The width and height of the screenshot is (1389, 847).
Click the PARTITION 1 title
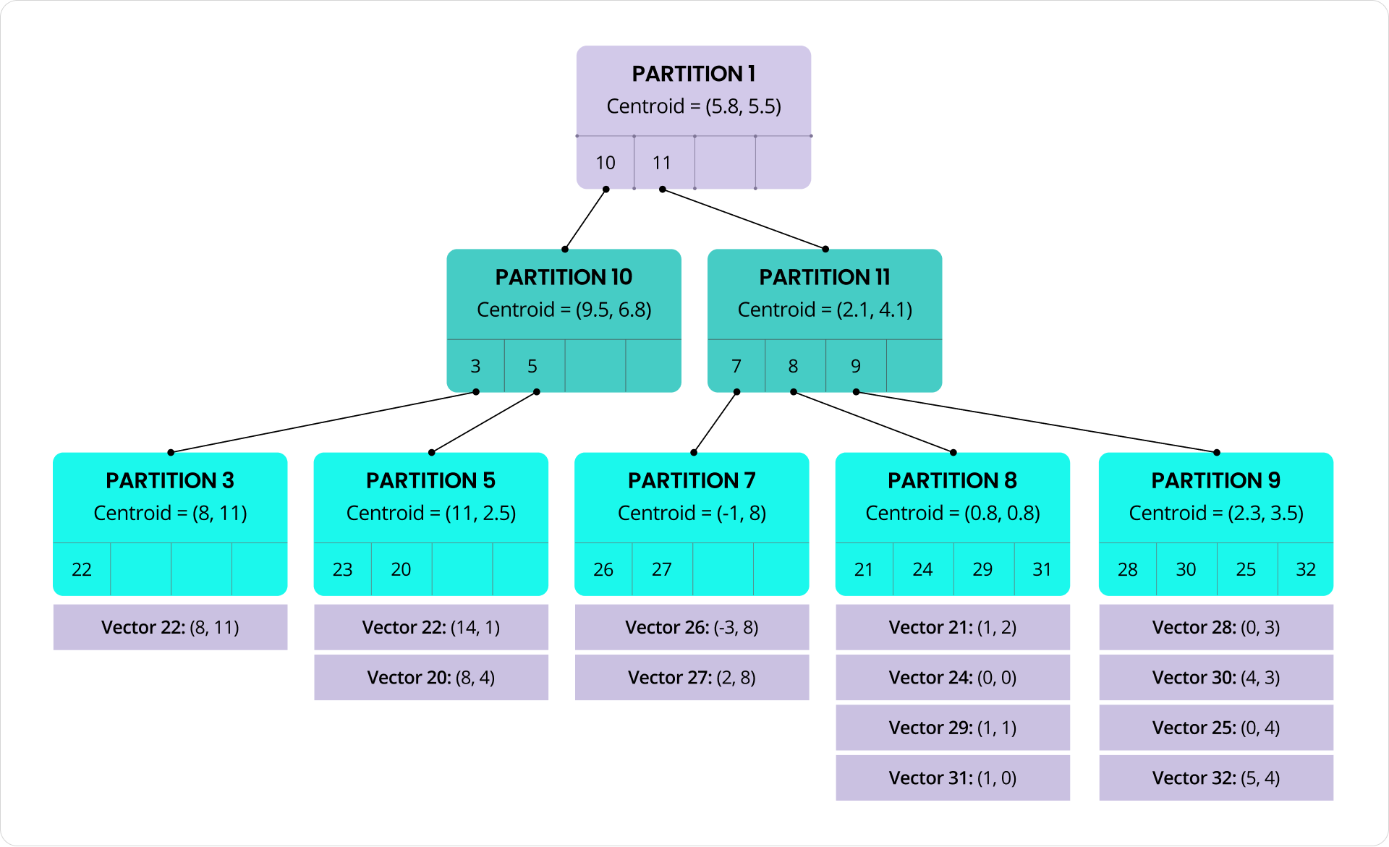[693, 74]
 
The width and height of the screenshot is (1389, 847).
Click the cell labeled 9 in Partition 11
[856, 366]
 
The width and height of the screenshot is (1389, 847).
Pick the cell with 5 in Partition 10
[533, 366]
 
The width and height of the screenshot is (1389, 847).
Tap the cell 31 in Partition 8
[1042, 569]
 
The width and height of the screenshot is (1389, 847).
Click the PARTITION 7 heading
[692, 480]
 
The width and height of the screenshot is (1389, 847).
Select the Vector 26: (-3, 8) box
[692, 627]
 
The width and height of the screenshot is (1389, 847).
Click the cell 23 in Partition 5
[342, 569]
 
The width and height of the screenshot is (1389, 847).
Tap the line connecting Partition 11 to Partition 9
[1036, 422]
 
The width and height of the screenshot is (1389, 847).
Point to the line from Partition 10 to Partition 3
[323, 422]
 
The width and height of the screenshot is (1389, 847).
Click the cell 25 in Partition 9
[1246, 569]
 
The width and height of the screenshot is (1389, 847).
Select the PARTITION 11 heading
[825, 277]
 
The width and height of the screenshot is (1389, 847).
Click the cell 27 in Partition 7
[662, 569]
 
